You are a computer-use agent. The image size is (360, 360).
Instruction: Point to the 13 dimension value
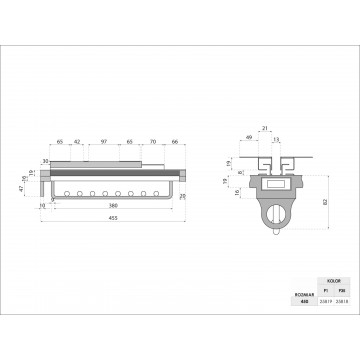(x=276, y=139)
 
